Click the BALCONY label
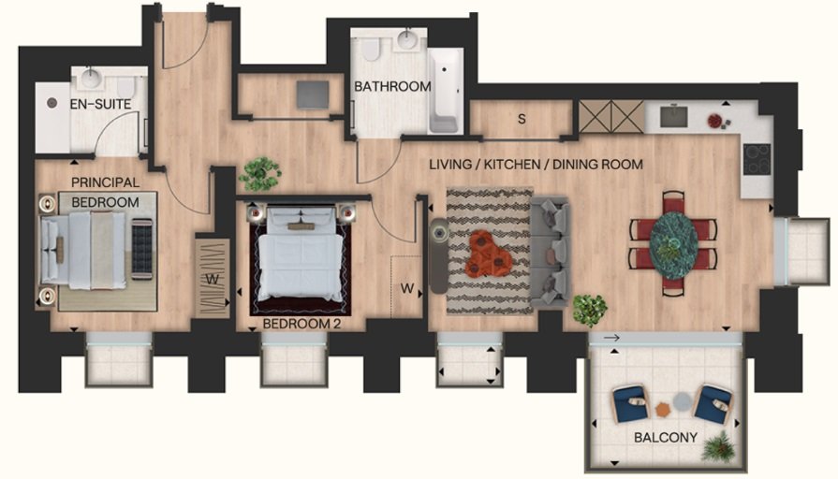(x=666, y=437)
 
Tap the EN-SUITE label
(x=100, y=104)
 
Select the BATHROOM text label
(x=392, y=86)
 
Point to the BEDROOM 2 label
(x=301, y=324)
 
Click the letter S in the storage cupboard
(x=522, y=119)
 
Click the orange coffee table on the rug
(x=490, y=254)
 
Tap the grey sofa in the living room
(x=550, y=252)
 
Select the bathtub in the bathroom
(x=445, y=92)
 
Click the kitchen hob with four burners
(x=757, y=159)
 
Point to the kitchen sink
(x=673, y=117)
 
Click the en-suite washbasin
(x=91, y=79)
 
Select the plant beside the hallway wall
(x=259, y=173)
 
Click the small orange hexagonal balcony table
(x=662, y=410)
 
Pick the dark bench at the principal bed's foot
(x=141, y=249)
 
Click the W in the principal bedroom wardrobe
(x=213, y=279)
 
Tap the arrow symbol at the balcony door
(x=611, y=338)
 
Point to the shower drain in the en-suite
(x=51, y=103)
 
